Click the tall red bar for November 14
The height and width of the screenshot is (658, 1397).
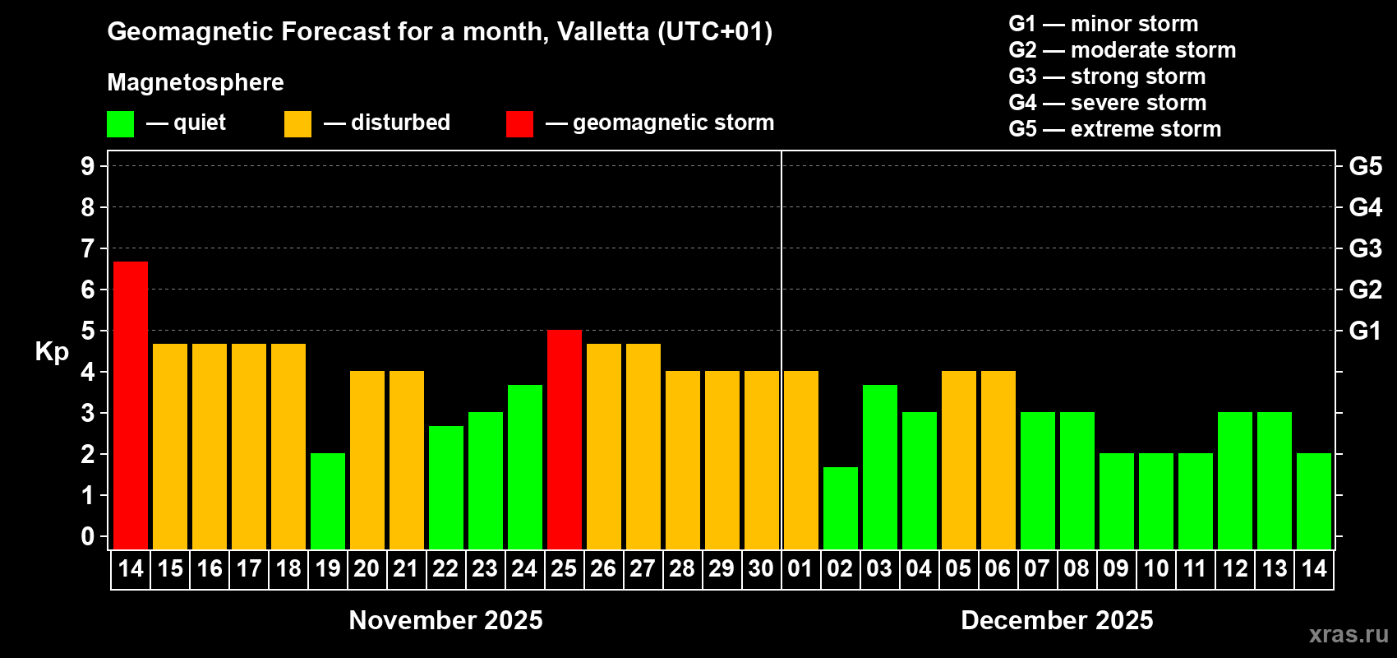click(x=131, y=405)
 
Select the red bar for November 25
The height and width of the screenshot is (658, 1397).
click(x=565, y=439)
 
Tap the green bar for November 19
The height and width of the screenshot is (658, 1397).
click(x=328, y=501)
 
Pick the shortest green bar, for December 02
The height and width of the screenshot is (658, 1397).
click(x=841, y=507)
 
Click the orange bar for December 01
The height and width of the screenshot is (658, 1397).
click(x=801, y=460)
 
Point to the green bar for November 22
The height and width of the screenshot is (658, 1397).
click(x=446, y=487)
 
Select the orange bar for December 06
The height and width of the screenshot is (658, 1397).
click(x=998, y=460)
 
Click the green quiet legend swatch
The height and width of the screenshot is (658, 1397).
click(x=121, y=124)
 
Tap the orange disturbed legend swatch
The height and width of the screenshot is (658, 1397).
click(x=297, y=124)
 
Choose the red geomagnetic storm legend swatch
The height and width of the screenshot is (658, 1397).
click(x=519, y=124)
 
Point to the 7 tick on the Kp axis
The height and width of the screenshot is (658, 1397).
click(x=88, y=248)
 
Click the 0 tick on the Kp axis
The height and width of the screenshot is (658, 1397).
click(x=88, y=537)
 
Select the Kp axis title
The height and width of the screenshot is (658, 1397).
click(x=52, y=352)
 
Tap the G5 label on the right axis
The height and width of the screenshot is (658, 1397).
click(x=1365, y=166)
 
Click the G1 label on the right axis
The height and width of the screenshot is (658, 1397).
click(x=1365, y=331)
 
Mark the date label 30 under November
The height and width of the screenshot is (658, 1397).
click(x=761, y=569)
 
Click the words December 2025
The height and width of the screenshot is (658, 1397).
click(x=1057, y=620)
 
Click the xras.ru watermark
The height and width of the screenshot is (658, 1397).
click(x=1349, y=633)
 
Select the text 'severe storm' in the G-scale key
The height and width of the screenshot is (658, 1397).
click(x=1138, y=103)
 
